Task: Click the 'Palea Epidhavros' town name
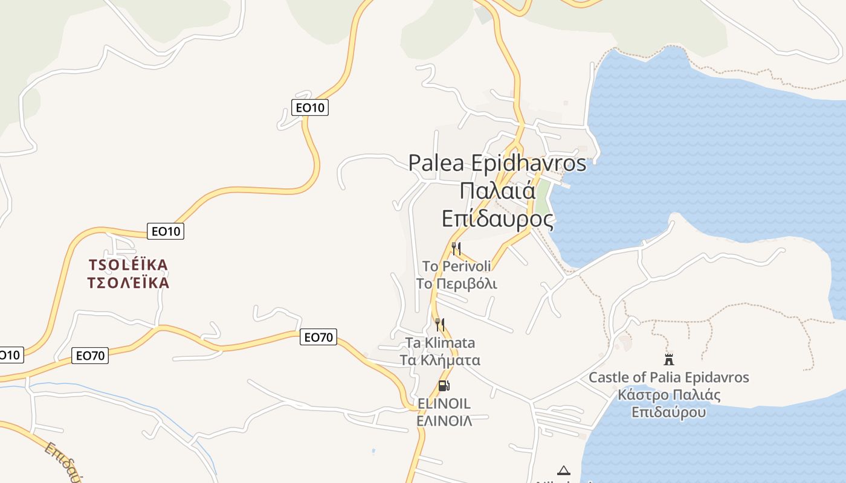click(x=497, y=163)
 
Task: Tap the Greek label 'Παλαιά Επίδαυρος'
click(x=497, y=205)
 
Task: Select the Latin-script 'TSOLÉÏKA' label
click(x=128, y=265)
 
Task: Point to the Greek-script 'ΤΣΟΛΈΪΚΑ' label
click(x=128, y=283)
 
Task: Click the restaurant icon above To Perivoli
click(x=456, y=248)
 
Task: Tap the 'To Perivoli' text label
click(x=456, y=266)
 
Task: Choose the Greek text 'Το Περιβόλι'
click(x=456, y=284)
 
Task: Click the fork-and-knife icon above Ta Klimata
click(x=440, y=325)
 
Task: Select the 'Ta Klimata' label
click(x=440, y=343)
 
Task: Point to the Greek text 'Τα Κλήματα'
click(x=440, y=360)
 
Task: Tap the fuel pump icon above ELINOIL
click(x=444, y=386)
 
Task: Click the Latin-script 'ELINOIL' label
click(x=444, y=403)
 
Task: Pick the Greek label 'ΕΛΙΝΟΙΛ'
click(x=444, y=421)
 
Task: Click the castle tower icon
click(x=668, y=360)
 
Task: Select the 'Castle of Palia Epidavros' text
click(x=668, y=378)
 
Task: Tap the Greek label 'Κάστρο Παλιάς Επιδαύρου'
click(x=668, y=404)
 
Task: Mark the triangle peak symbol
click(x=563, y=470)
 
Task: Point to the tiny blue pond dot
click(x=373, y=450)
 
